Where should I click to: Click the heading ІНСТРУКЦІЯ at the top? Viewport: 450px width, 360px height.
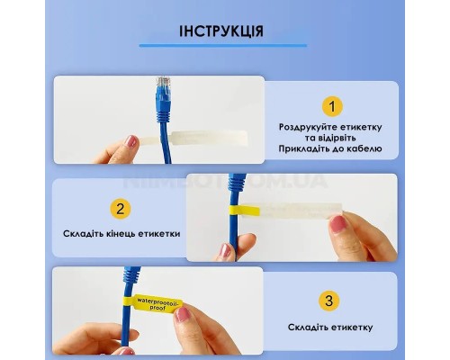point(222,31)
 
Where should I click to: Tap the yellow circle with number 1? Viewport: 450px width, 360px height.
point(333,107)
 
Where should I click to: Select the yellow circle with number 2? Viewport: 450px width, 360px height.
point(120,210)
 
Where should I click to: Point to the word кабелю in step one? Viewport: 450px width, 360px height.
point(364,148)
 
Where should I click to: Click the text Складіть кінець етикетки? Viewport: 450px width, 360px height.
point(121,233)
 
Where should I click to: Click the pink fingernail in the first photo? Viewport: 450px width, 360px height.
point(132,141)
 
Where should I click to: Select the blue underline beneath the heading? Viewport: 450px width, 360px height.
point(222,44)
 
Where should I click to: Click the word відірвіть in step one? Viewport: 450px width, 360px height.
point(355,139)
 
